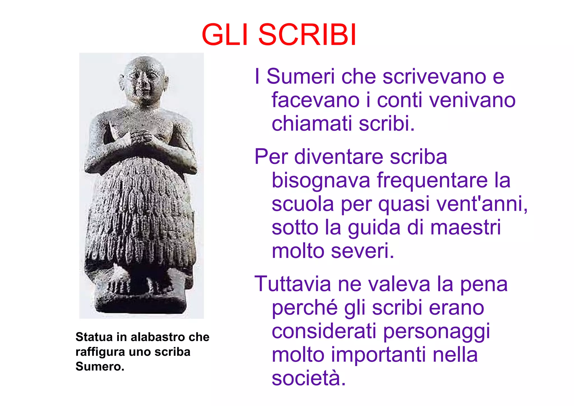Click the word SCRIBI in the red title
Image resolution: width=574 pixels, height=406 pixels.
click(x=307, y=35)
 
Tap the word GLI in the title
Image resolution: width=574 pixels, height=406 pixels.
click(x=225, y=35)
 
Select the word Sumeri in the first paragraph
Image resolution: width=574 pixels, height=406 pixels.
click(x=300, y=76)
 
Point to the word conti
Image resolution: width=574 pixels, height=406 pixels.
click(x=399, y=100)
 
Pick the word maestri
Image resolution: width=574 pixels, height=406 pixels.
click(x=465, y=227)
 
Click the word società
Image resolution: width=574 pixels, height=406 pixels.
click(x=309, y=378)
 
